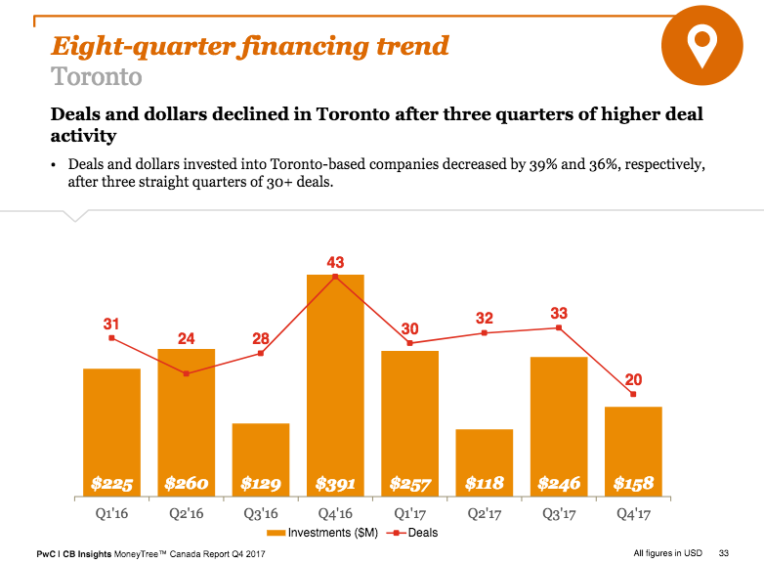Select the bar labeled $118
[x=484, y=459]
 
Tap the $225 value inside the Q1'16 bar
[x=111, y=483]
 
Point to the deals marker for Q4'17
[x=634, y=394]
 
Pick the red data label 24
[x=186, y=338]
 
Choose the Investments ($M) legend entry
[x=321, y=533]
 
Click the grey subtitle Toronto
[x=96, y=76]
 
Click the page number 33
[x=724, y=553]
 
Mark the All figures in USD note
[x=667, y=553]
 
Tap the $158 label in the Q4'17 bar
[x=633, y=483]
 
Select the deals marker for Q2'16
[x=186, y=373]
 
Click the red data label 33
[x=559, y=313]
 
